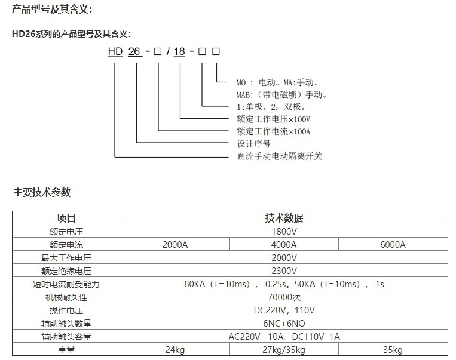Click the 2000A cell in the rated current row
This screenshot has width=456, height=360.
coord(175,245)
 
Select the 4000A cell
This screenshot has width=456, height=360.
coord(284,245)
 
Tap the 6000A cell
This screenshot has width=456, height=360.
coord(393,245)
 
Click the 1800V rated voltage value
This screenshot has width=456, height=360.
coord(284,232)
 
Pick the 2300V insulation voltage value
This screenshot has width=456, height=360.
coord(284,271)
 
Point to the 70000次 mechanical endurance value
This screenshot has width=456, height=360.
coord(284,297)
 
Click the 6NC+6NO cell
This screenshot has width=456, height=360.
coord(284,324)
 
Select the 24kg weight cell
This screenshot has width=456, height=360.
coord(175,350)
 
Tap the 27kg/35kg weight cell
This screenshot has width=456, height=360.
coord(284,350)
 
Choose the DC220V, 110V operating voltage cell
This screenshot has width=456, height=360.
coord(284,310)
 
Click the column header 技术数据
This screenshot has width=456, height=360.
coord(284,218)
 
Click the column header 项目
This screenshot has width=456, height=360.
coord(66,218)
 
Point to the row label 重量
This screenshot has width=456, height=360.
coord(66,349)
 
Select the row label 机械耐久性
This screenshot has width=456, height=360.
coord(66,297)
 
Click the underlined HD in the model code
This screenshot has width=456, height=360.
coord(115,52)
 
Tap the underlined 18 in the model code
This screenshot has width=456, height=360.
coord(179,52)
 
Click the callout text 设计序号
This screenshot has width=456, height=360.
coord(253,144)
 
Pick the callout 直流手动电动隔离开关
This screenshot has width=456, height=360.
coord(280,156)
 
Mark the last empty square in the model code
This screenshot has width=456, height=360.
coord(216,51)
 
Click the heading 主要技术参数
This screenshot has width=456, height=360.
coord(42,192)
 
